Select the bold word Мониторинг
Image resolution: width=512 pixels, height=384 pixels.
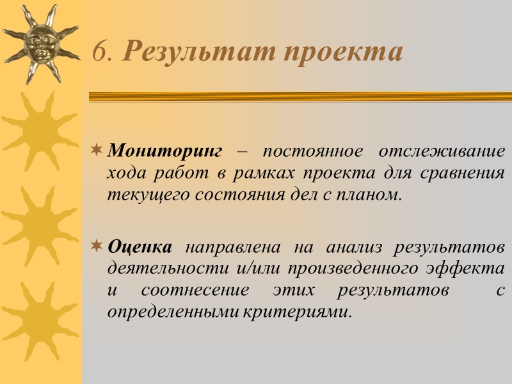pos(164,152)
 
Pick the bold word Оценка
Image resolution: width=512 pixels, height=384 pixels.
pos(140,246)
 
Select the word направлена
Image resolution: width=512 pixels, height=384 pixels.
pos(233,246)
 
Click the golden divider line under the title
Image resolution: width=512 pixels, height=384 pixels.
pos(300,97)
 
